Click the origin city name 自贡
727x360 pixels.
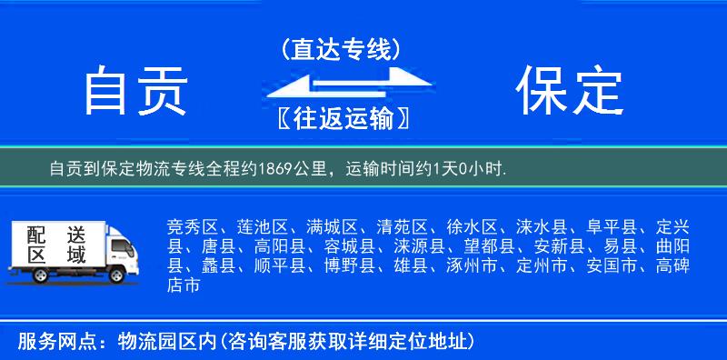[135, 92]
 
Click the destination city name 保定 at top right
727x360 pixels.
[570, 91]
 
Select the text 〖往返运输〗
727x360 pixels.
[341, 119]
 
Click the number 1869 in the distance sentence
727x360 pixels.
[284, 169]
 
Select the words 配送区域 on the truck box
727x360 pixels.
[57, 244]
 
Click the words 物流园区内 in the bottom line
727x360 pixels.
[169, 343]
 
